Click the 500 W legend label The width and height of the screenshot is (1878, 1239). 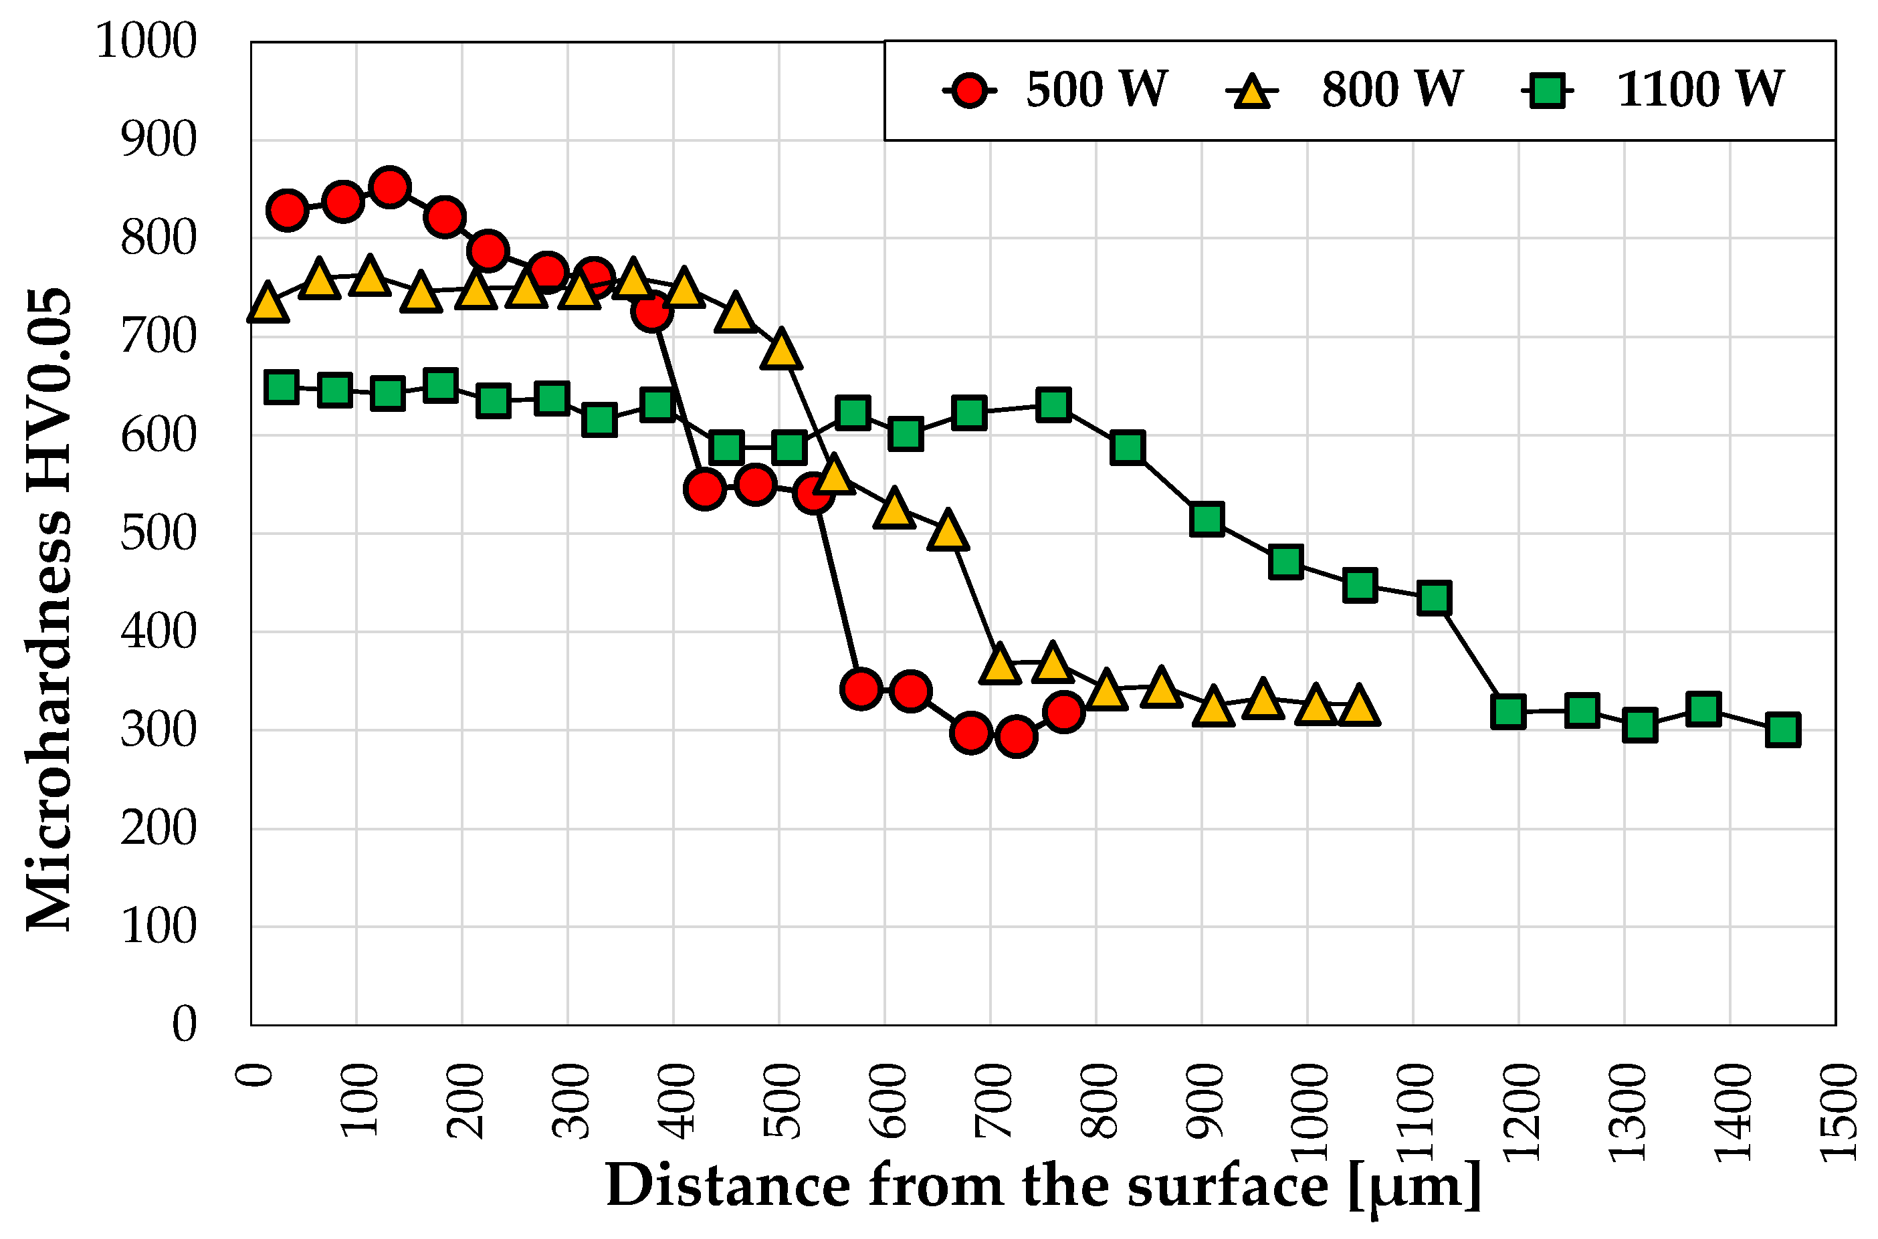click(1096, 90)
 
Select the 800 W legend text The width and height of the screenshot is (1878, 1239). click(1392, 90)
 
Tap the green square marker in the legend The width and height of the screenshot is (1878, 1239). click(1547, 91)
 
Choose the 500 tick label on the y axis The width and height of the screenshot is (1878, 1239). click(158, 534)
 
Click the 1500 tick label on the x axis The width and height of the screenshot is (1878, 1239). click(1837, 1112)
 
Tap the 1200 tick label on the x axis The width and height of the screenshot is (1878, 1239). click(1520, 1112)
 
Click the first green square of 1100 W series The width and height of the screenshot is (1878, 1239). click(282, 387)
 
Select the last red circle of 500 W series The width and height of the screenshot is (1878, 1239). click(1064, 712)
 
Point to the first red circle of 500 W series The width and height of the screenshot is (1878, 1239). click(288, 210)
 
